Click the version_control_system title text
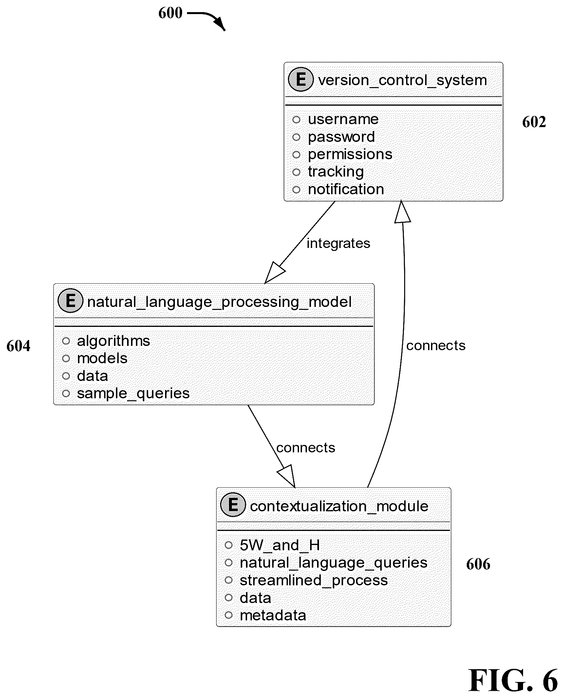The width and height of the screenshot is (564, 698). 402,80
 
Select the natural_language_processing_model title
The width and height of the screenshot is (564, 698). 219,302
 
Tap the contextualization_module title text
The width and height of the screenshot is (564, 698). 339,506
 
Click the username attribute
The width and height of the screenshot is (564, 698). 343,119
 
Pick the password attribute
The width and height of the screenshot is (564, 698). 341,137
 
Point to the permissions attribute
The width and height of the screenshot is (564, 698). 350,155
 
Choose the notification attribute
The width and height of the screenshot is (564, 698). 346,189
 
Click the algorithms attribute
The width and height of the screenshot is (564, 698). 113,341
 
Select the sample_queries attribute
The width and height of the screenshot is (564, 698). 133,394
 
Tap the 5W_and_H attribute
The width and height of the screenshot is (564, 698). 280,546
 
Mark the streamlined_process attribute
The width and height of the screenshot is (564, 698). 313,581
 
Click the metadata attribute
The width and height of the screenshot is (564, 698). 273,615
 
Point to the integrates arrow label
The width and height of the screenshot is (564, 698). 338,243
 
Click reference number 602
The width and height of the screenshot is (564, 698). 534,122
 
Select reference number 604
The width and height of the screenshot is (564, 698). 18,346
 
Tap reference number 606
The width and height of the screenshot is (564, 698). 478,564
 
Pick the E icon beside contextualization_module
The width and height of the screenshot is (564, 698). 233,505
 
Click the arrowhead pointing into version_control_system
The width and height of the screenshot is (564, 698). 402,212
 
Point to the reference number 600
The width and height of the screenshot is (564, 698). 170,13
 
